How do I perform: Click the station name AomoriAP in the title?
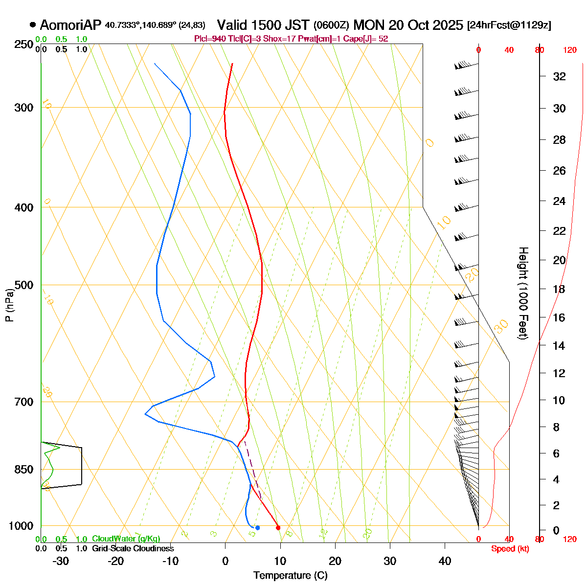point(71,25)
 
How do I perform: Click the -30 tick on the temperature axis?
point(61,561)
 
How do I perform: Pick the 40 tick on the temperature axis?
point(445,561)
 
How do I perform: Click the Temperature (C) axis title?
point(291,576)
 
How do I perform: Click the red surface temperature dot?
point(278,527)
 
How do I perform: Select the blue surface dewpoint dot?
point(257,527)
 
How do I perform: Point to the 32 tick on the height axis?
point(559,76)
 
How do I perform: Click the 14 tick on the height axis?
point(559,346)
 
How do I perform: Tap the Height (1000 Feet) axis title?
point(523,293)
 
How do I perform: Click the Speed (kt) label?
point(510,549)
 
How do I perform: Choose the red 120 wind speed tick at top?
point(570,50)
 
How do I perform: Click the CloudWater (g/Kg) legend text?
point(126,539)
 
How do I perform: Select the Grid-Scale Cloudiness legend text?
point(133,548)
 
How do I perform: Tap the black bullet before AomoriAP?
point(33,24)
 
